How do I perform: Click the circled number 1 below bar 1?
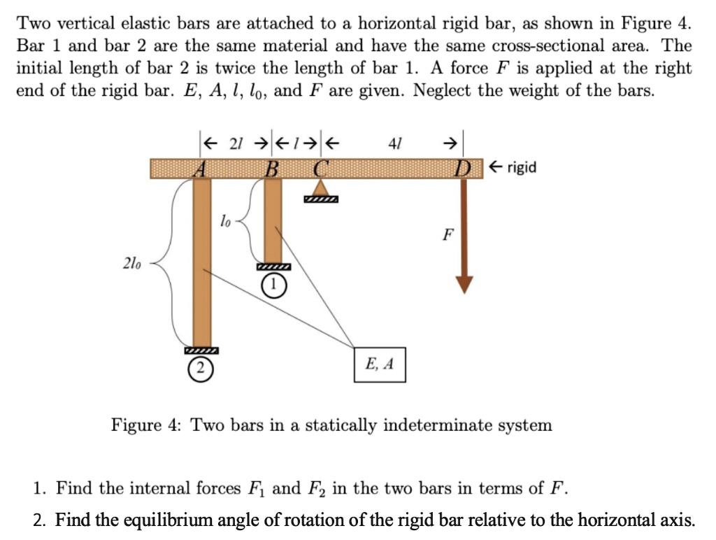[273, 285]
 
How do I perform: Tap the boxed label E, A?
[380, 364]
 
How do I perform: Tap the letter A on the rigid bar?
[201, 169]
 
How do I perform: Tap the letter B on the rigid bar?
[273, 169]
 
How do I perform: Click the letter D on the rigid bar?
[464, 169]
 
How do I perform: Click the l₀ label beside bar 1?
[225, 222]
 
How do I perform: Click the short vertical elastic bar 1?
[273, 220]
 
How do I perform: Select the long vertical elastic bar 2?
[201, 266]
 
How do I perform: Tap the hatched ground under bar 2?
[201, 350]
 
